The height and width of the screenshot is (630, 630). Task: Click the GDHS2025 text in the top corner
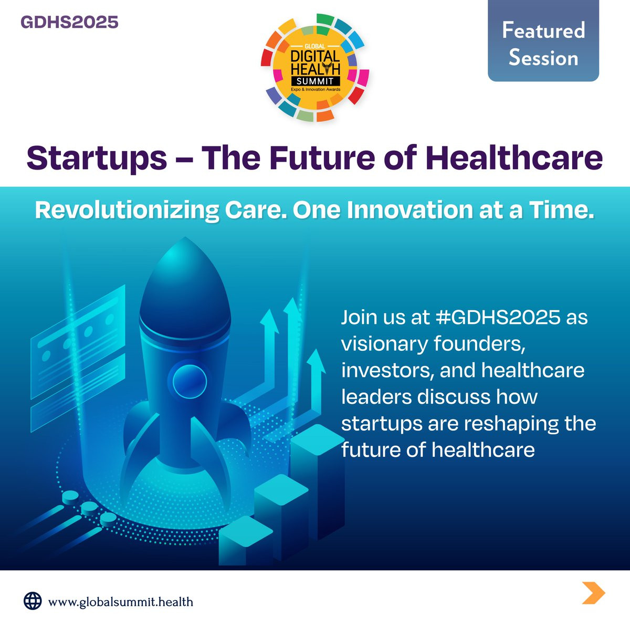tap(69, 22)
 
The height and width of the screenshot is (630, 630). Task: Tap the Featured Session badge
tap(543, 40)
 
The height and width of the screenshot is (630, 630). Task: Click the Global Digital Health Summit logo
tap(315, 68)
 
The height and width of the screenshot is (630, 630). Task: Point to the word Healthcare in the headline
tap(514, 157)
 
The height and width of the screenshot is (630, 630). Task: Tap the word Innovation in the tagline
tap(410, 209)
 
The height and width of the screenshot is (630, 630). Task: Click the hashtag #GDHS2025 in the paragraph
tap(498, 317)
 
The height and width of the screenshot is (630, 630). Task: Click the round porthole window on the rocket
tap(190, 382)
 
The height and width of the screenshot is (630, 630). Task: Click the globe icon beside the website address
tap(33, 601)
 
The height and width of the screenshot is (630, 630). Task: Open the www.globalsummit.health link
tap(121, 602)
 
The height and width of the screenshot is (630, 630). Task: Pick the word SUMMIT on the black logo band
tap(315, 81)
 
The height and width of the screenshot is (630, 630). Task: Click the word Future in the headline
tap(322, 157)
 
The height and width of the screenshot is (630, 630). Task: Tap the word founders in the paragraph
tap(480, 344)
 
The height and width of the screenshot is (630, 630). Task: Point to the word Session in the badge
tap(543, 58)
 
